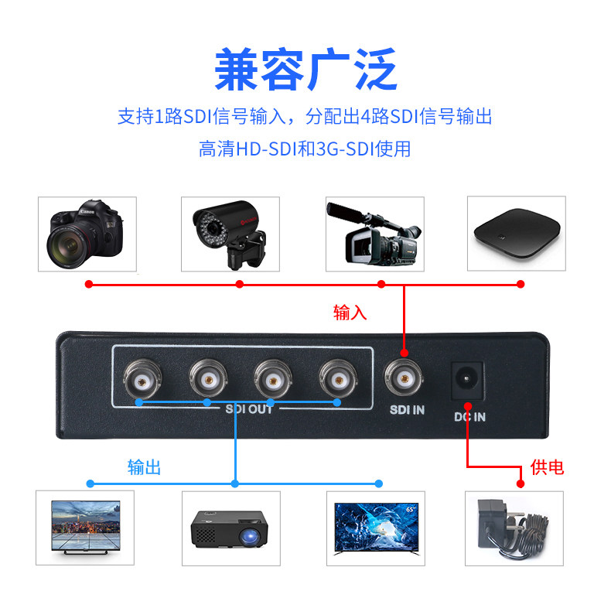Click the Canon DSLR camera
point(85,234)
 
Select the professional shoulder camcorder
point(374,234)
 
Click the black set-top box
point(517,233)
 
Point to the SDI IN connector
point(404,378)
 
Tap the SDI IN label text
point(407,410)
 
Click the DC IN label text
point(469,417)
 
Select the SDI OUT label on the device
point(249,409)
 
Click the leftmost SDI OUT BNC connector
point(142,379)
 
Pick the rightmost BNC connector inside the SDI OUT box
point(338,379)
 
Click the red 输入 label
point(350,313)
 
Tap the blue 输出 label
point(145,467)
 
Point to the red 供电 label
point(547,467)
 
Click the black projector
point(230,528)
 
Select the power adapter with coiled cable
point(513,528)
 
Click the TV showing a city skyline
point(86,527)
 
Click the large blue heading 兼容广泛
point(306,70)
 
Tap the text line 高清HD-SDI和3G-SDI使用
point(305,149)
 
